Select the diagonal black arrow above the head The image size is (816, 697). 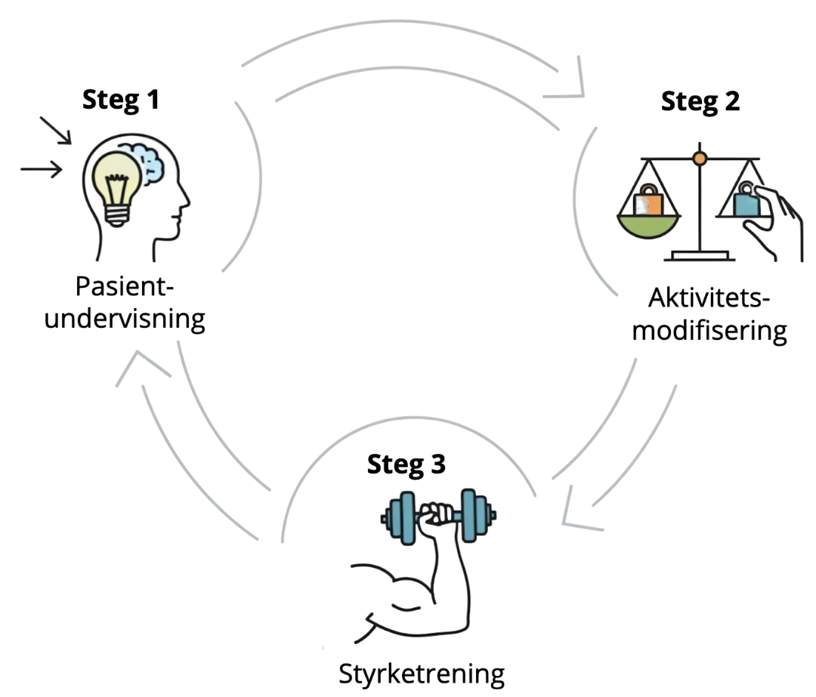click(55, 130)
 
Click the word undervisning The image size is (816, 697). click(125, 318)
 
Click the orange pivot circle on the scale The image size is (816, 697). click(700, 158)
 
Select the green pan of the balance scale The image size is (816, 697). click(654, 225)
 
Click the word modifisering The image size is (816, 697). click(709, 331)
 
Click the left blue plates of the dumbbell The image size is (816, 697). click(400, 518)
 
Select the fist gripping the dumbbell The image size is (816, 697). click(437, 518)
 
